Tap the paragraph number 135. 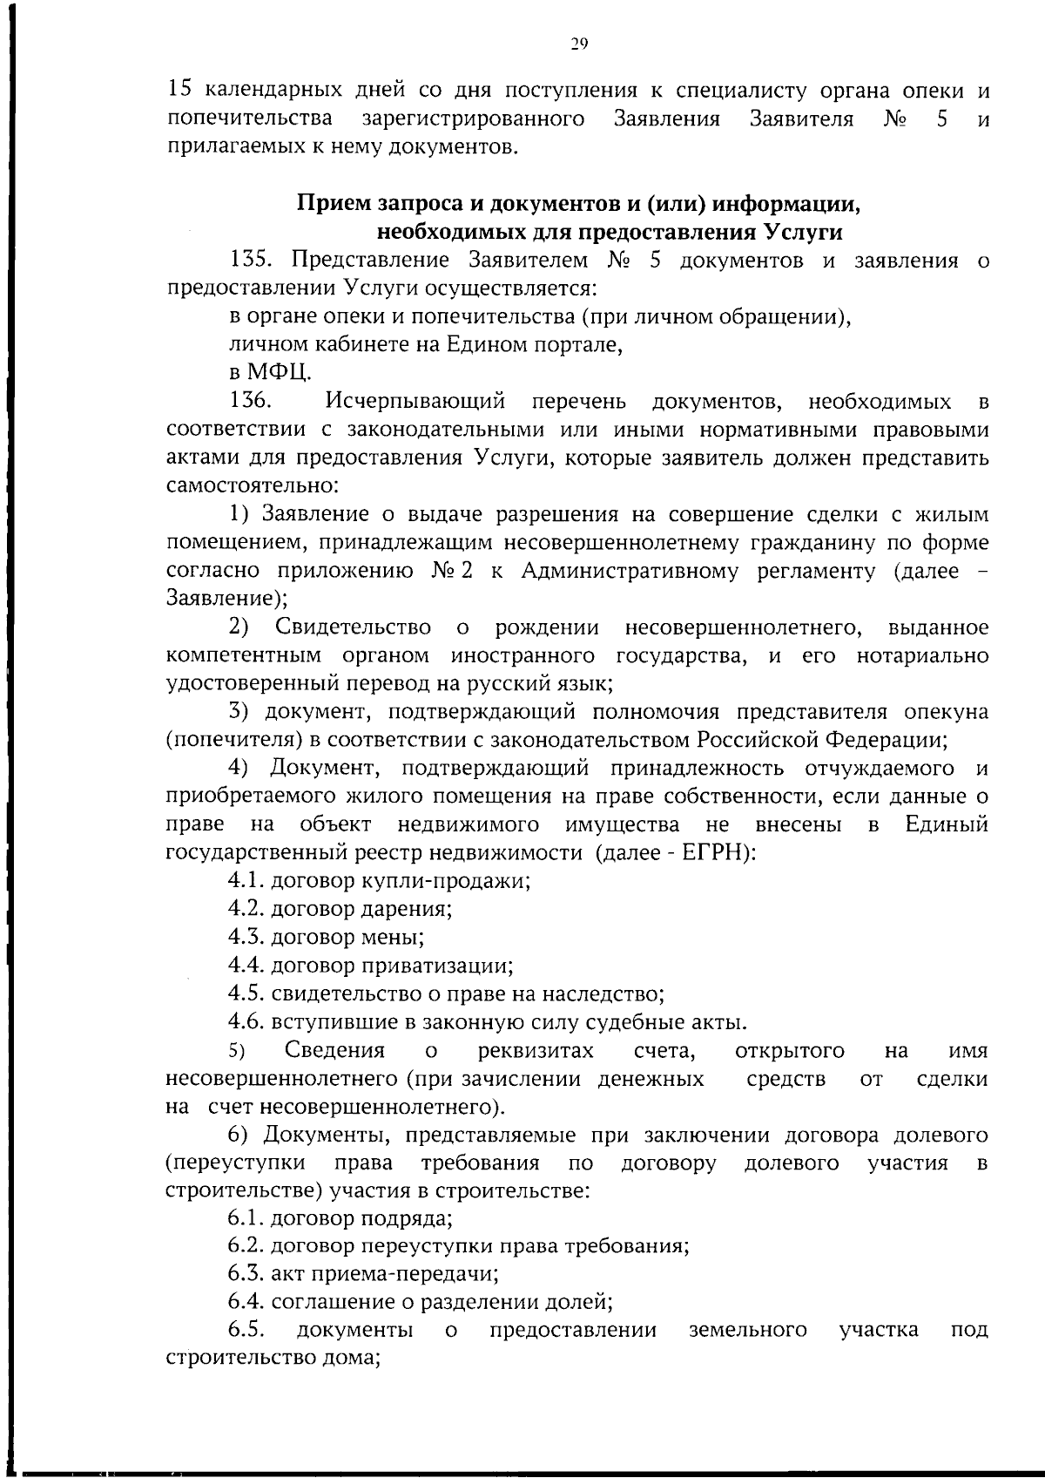(253, 261)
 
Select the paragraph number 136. (253, 401)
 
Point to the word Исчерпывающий (415, 401)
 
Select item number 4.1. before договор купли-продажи (246, 881)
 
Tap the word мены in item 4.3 (397, 938)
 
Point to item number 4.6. (246, 1022)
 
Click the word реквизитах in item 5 (536, 1051)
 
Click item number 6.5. (246, 1331)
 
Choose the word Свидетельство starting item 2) (353, 627)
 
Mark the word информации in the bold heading (787, 205)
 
